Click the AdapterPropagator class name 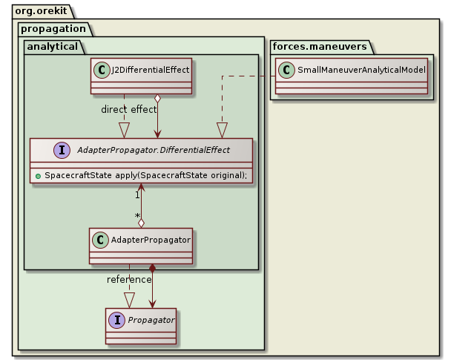[x=150, y=240]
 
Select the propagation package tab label [x=53, y=29]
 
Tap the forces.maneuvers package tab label [x=319, y=47]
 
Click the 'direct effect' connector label [x=129, y=109]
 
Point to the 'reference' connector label [x=129, y=279]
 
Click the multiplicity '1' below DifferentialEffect [x=137, y=195]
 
